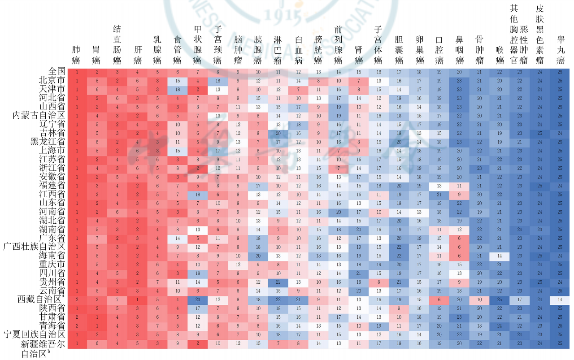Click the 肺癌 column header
click(77, 54)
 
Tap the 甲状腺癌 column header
click(197, 44)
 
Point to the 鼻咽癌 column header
click(460, 49)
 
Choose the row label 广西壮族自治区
click(35, 247)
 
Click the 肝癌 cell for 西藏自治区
click(138, 299)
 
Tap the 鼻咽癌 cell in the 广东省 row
click(460, 238)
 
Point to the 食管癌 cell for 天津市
click(178, 89)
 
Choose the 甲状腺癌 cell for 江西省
click(197, 194)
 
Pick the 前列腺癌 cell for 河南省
click(339, 212)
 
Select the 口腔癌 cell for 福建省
click(439, 186)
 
